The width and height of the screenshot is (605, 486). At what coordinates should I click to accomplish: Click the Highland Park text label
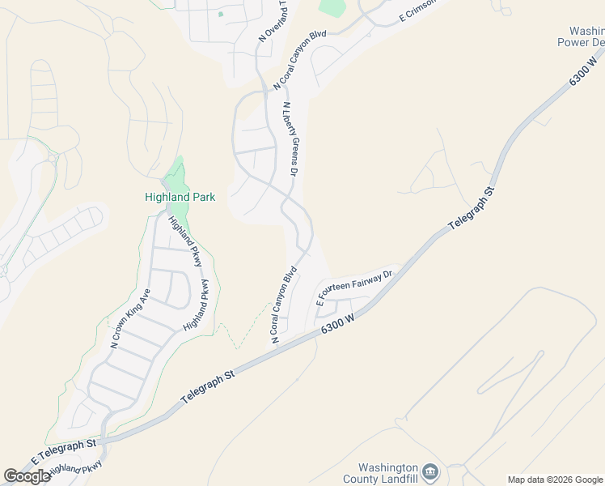click(180, 197)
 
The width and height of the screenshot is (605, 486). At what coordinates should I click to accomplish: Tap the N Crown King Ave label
click(130, 319)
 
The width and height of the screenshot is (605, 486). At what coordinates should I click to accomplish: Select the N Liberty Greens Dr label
click(290, 140)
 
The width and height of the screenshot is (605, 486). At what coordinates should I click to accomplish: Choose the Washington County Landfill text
click(387, 474)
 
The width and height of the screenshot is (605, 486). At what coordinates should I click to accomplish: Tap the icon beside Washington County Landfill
click(430, 472)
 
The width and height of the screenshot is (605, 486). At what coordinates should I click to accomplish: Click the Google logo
click(27, 476)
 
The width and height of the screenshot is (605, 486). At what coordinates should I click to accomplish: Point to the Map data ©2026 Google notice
click(555, 480)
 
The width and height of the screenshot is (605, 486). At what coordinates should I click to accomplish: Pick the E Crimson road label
click(418, 11)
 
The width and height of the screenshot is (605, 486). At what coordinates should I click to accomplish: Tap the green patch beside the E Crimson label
click(332, 7)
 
